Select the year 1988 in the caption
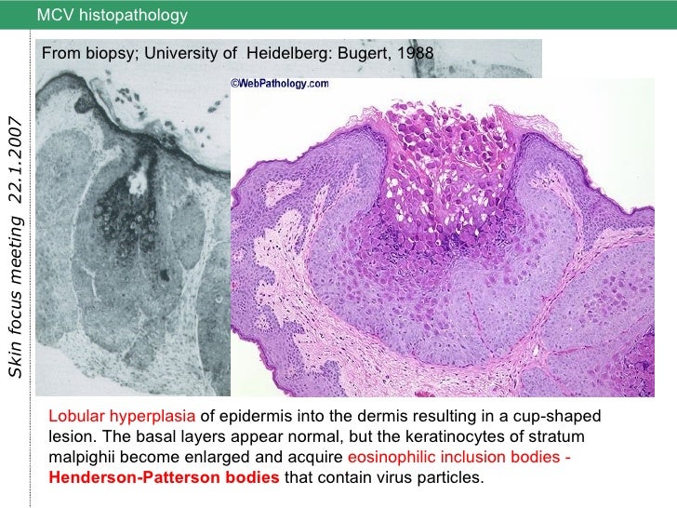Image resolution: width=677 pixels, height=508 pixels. [415, 53]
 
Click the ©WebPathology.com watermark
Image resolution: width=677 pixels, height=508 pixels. [279, 83]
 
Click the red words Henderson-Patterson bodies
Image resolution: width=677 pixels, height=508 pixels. [164, 478]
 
